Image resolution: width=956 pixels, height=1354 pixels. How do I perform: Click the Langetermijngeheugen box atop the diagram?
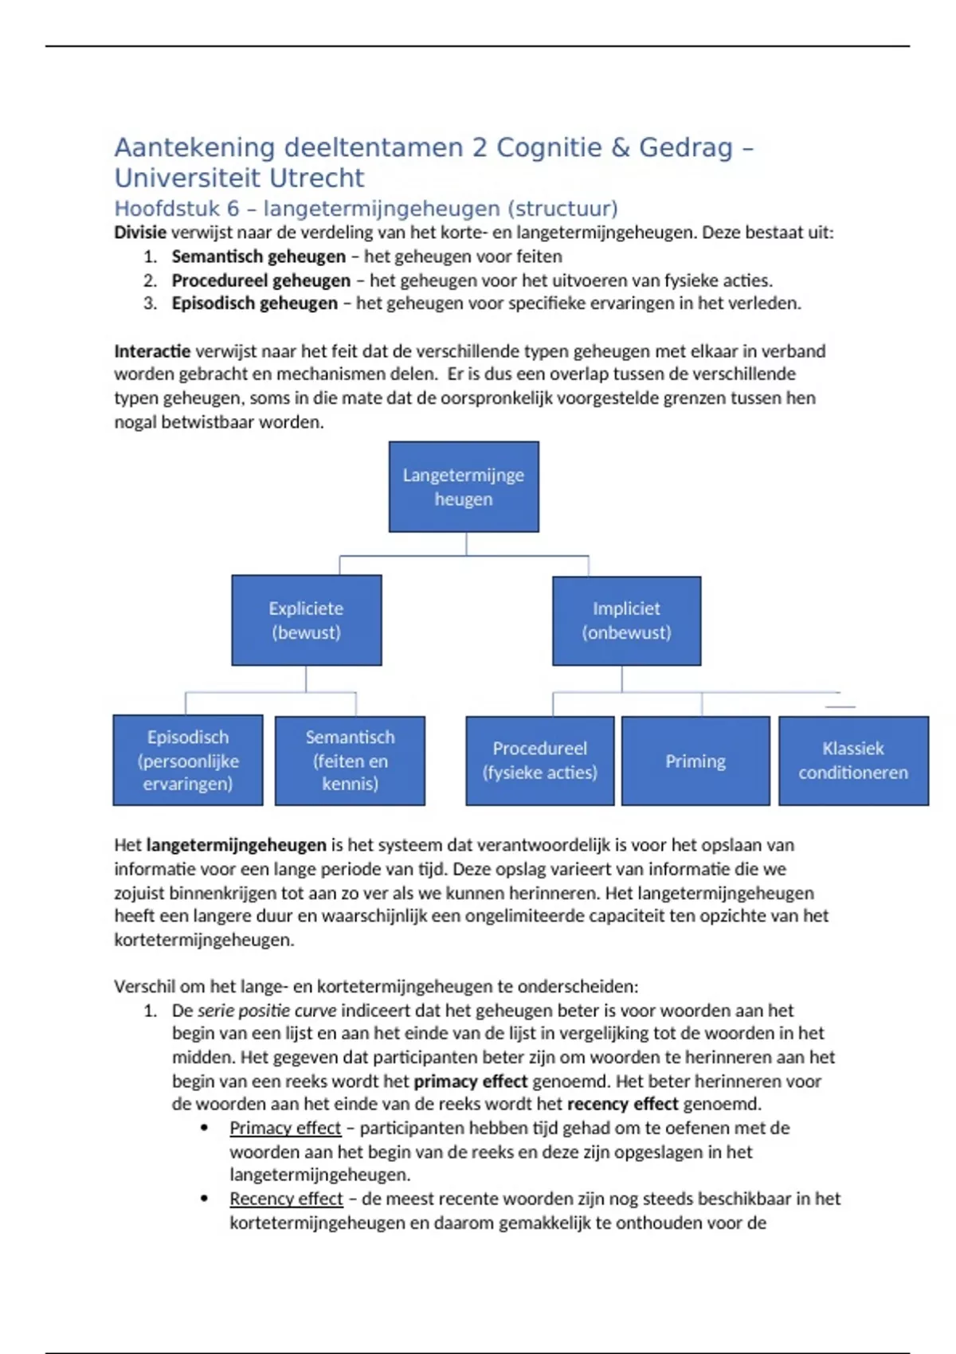[x=464, y=487]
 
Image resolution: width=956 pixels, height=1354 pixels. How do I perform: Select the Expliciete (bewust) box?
[x=307, y=620]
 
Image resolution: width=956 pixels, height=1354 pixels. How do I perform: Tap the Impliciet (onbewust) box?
[x=626, y=620]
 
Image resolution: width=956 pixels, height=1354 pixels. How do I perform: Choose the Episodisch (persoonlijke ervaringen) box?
[x=188, y=760]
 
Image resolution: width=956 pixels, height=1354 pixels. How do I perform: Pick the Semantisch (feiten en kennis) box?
[x=350, y=760]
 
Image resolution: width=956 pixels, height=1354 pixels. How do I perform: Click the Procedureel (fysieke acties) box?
[x=539, y=760]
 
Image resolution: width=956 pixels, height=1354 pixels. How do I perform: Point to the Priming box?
[x=695, y=761]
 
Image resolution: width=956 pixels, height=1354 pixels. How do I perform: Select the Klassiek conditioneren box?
[x=853, y=760]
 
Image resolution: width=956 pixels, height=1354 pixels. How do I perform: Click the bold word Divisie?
[x=140, y=233]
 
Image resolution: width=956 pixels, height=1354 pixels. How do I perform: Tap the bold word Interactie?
[x=152, y=351]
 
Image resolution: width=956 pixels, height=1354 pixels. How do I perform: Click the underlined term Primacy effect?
[x=285, y=1128]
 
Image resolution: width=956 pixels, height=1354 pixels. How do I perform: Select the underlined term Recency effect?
[x=286, y=1199]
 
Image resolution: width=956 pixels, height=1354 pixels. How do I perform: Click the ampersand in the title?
[x=620, y=147]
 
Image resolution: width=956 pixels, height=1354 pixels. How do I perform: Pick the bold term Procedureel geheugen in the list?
[x=261, y=280]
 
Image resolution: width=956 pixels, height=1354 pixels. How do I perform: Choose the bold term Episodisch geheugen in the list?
[x=255, y=303]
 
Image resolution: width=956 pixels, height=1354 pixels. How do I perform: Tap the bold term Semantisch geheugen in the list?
[x=259, y=256]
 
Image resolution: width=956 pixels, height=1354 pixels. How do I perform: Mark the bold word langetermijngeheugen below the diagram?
[x=237, y=845]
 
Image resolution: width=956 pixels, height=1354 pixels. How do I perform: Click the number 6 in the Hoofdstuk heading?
[x=233, y=209]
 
